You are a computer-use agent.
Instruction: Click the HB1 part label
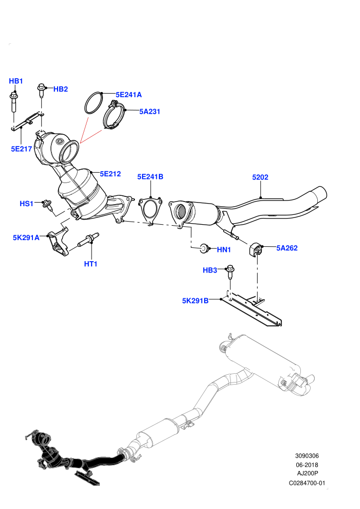[x=15, y=81]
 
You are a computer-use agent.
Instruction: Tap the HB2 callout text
[x=60, y=89]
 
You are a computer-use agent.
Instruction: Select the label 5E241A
[x=129, y=95]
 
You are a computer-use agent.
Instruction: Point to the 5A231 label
[x=150, y=112]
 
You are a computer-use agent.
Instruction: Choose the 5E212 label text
[x=111, y=174]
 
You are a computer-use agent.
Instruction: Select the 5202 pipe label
[x=260, y=177]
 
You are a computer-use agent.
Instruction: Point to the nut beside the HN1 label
[x=204, y=248]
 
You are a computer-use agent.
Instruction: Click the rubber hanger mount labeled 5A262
[x=256, y=249]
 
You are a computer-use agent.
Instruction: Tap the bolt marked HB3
[x=230, y=271]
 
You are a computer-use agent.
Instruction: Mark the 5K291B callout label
[x=195, y=301]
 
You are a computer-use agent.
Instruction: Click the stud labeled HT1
[x=88, y=240]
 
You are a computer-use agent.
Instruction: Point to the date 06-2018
[x=307, y=465]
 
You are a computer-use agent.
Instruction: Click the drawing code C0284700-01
[x=307, y=483]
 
